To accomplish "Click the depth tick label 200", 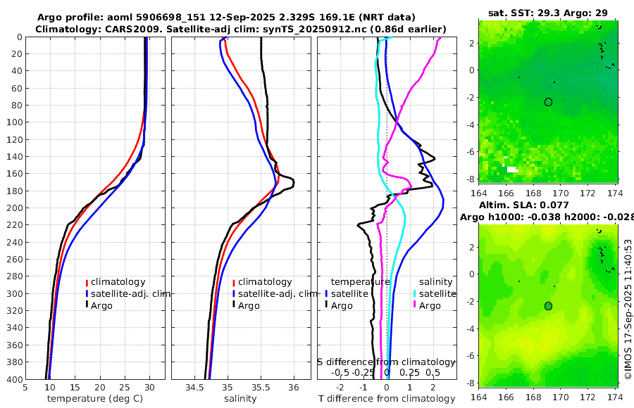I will pyautogui.click(x=13, y=208).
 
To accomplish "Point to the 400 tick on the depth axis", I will pyautogui.click(x=13, y=379).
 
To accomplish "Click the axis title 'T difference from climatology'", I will pyautogui.click(x=387, y=399).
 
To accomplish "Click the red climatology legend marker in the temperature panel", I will pyautogui.click(x=87, y=282).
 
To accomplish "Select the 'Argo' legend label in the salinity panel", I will pyautogui.click(x=250, y=305).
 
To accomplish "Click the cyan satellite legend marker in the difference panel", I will pyautogui.click(x=415, y=293).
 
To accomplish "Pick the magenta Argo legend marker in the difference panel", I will pyautogui.click(x=415, y=305).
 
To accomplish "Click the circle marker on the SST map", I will pyautogui.click(x=548, y=102).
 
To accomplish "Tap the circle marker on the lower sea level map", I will pyautogui.click(x=548, y=306).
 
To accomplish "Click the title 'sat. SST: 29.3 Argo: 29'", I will pyautogui.click(x=548, y=13).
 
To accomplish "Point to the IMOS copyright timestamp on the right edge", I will pyautogui.click(x=628, y=308).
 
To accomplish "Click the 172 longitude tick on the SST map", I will pyautogui.click(x=588, y=192).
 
